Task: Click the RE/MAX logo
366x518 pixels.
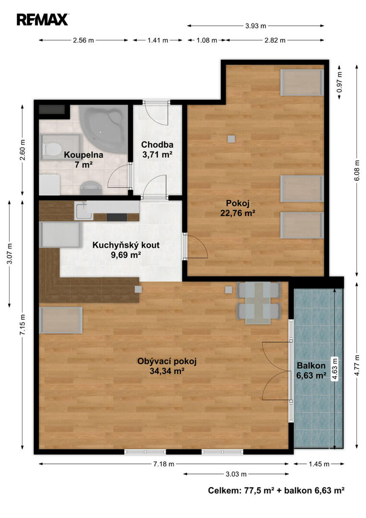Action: (x=43, y=20)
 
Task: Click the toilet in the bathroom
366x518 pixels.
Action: (x=52, y=149)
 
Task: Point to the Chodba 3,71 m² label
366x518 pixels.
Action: (x=157, y=149)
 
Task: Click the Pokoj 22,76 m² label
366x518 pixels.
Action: (x=237, y=208)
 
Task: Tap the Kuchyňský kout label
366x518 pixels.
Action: (x=126, y=250)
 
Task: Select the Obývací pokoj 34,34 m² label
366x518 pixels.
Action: (x=167, y=366)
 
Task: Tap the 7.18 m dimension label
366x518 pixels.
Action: (x=164, y=464)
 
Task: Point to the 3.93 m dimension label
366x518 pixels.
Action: (x=256, y=26)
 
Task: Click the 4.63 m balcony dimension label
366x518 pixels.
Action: (x=335, y=370)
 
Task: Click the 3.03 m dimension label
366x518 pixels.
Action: (x=236, y=474)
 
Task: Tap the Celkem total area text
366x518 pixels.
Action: (x=276, y=490)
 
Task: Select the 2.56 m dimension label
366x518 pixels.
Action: (x=83, y=40)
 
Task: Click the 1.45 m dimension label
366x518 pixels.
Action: (x=319, y=464)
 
